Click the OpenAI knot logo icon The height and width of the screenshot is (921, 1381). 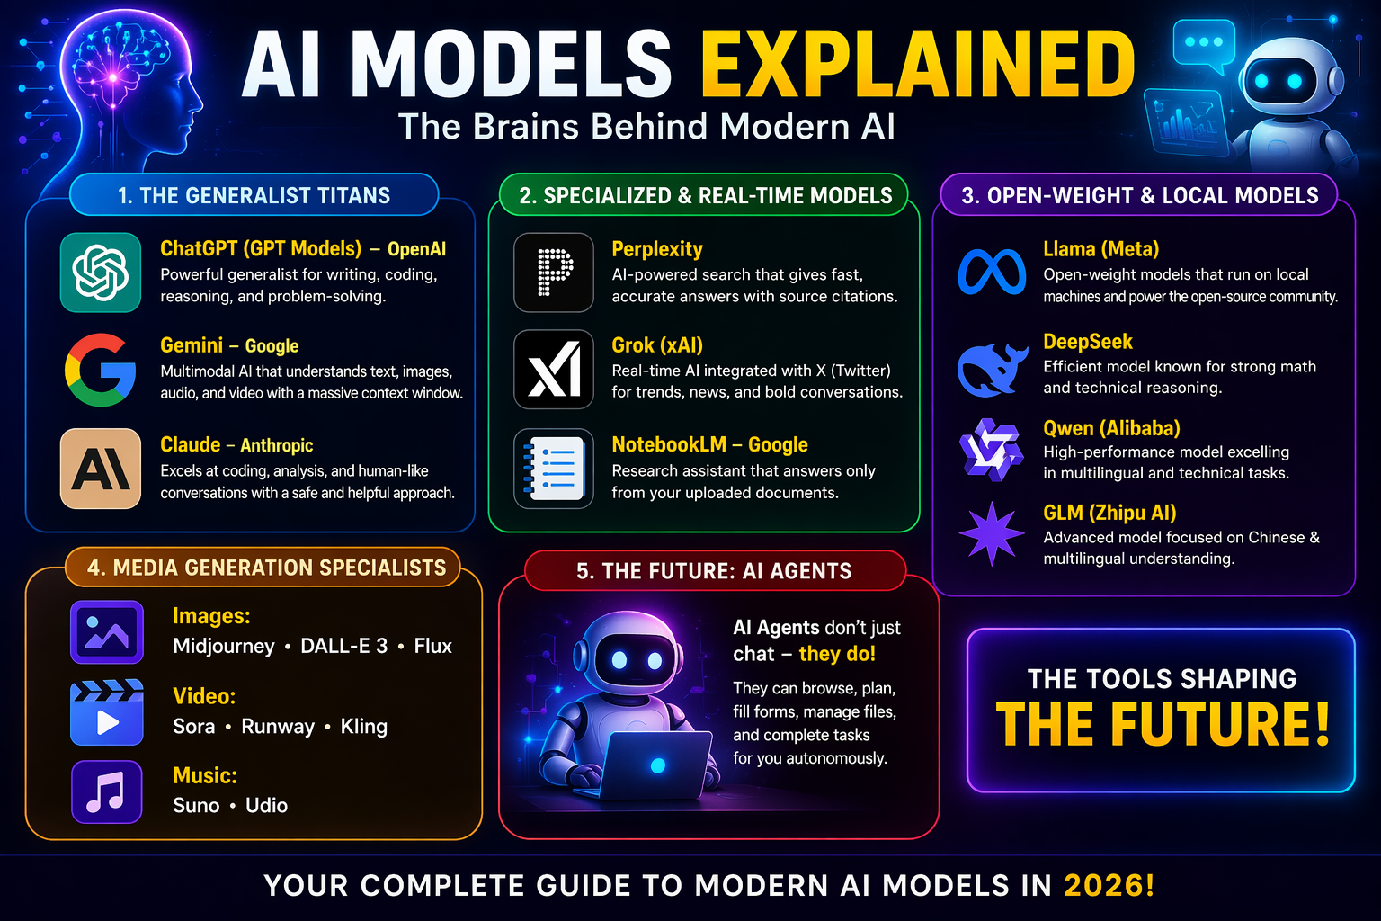101,273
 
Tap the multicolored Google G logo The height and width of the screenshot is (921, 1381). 101,370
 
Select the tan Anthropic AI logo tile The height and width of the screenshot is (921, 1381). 101,469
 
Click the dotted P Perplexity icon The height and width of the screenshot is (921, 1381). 554,273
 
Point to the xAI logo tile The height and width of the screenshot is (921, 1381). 554,370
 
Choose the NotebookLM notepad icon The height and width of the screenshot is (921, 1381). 554,469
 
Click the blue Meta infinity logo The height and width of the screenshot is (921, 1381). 992,272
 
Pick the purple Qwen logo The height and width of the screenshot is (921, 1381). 991,449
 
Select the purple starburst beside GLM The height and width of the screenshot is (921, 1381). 992,533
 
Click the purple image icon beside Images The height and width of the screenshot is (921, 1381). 106,631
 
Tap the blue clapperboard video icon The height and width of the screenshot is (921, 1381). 106,712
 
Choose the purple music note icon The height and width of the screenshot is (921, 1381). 106,791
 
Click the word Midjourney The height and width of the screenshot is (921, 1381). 224,646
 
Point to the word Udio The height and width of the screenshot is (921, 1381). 267,805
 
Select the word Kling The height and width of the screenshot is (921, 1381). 364,726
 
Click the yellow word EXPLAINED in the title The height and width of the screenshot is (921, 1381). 918,65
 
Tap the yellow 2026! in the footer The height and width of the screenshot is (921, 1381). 1109,885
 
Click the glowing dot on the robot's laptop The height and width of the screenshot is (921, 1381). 657,765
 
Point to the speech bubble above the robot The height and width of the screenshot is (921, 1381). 1205,45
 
